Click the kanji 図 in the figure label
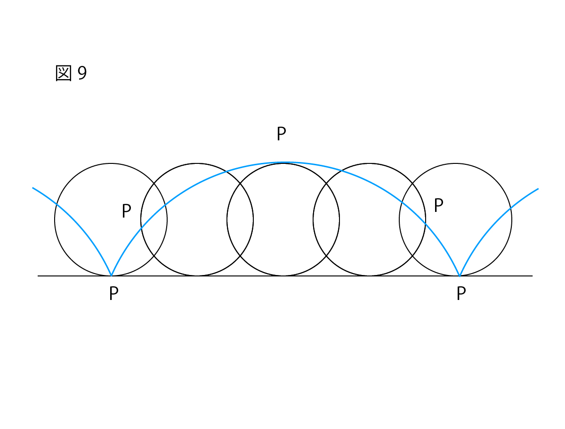coord(63,73)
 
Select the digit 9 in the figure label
coord(82,73)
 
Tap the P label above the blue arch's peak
coord(281,133)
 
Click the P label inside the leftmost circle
coord(126,211)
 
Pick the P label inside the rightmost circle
coord(439,205)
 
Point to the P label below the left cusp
coord(114,293)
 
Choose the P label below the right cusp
coord(461,293)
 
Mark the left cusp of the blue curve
coord(111,275)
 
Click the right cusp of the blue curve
coord(460,275)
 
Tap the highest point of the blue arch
coord(283,162)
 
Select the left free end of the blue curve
coord(32,187)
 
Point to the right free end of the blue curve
coord(538,189)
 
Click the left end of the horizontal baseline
coord(38,276)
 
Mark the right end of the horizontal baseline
coord(533,276)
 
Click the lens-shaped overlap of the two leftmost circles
coord(153,219)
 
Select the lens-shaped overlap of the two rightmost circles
coord(412,219)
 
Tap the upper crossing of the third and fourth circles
coord(326,183)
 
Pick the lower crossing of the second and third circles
coord(240,256)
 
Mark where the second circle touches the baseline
coord(197,275)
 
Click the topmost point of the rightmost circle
coord(455,163)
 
